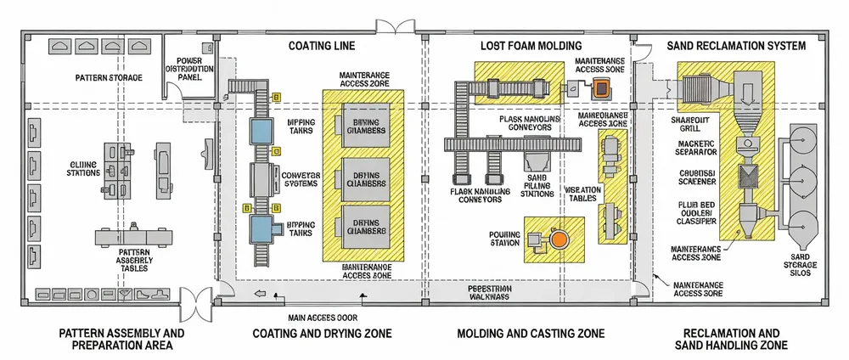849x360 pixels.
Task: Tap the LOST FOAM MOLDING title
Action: click(531, 46)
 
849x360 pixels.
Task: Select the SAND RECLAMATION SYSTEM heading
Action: click(736, 46)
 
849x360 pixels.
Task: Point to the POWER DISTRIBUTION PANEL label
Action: click(189, 69)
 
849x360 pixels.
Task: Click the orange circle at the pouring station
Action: click(558, 241)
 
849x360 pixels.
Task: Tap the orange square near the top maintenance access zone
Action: click(601, 87)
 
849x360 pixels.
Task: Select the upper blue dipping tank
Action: click(261, 131)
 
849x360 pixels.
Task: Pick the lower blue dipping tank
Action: click(261, 227)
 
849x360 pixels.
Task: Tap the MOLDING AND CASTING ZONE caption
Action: click(531, 334)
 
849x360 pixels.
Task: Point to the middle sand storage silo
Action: click(803, 180)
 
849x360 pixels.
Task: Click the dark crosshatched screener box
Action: click(749, 177)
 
